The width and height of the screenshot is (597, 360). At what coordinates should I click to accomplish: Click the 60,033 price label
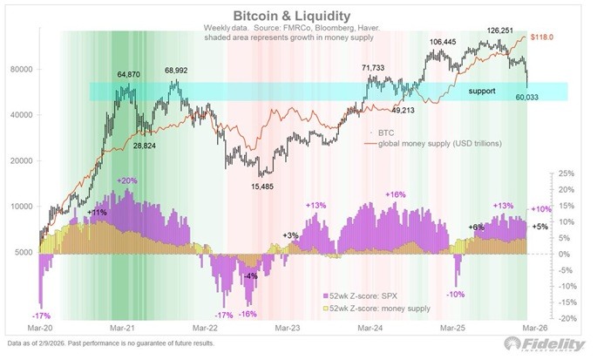[x=513, y=108]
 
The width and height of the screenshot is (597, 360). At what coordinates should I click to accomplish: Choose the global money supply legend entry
[x=430, y=143]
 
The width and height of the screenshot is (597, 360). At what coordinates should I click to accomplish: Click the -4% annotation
[x=250, y=276]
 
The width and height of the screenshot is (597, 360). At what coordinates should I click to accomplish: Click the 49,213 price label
[x=404, y=111]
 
